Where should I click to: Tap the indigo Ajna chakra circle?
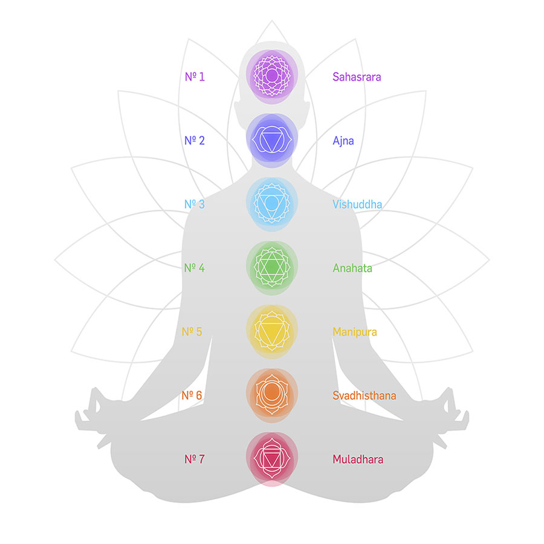[272, 140]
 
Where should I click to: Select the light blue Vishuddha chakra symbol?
[272, 204]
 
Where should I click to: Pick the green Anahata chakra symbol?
[272, 268]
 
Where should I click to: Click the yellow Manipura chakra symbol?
[272, 332]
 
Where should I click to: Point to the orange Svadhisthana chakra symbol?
[272, 395]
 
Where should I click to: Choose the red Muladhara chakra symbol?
[272, 459]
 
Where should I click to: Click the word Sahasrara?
[357, 77]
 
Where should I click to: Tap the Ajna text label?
[343, 141]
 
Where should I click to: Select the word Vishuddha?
[357, 204]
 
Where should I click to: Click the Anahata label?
[352, 268]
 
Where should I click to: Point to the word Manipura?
[355, 332]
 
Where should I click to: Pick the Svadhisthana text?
[364, 395]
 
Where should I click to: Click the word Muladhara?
[358, 459]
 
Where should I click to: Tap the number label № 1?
[195, 77]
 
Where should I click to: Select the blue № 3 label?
[195, 204]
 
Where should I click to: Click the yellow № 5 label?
[192, 332]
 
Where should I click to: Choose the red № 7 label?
[195, 459]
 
